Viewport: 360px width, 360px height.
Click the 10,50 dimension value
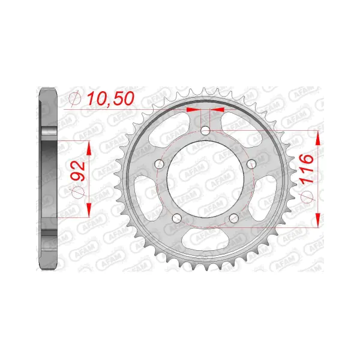click(x=110, y=98)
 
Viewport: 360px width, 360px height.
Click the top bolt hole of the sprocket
click(x=205, y=131)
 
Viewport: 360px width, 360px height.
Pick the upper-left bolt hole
click(x=160, y=164)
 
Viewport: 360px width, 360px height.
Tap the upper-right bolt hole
click(x=251, y=164)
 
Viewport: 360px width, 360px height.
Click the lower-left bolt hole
click(x=177, y=218)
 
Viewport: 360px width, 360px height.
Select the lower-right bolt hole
click(x=234, y=218)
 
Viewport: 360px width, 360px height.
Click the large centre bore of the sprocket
click(x=205, y=179)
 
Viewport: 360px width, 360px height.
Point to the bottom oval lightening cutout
click(x=205, y=239)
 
